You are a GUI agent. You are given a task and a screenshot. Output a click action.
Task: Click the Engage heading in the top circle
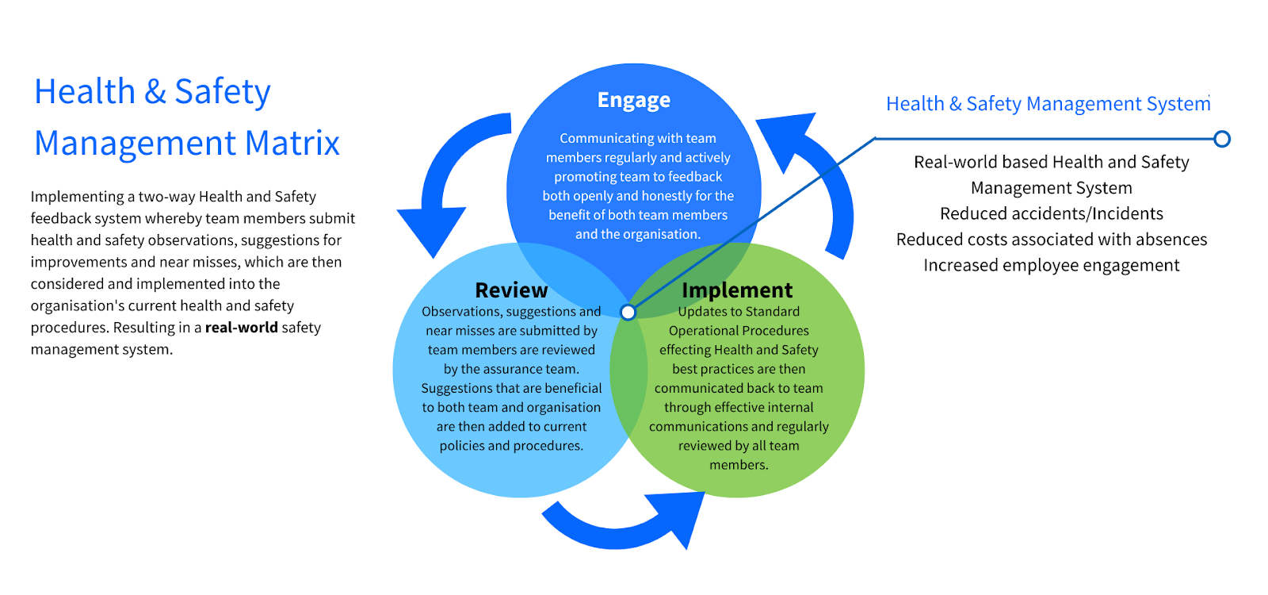(634, 101)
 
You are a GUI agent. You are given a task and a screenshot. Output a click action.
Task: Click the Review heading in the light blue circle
(511, 290)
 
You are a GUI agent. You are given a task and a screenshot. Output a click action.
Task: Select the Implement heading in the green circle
(737, 290)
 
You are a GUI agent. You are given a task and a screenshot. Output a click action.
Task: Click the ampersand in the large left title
(155, 92)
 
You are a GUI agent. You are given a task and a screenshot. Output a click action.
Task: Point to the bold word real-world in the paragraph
(241, 328)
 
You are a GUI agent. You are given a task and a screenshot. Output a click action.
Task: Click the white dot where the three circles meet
(628, 313)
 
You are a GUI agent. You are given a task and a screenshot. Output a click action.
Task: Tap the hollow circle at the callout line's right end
(1222, 140)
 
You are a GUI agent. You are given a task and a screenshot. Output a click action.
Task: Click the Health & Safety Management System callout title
(1048, 104)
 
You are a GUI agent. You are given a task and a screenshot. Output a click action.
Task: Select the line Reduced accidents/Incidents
(1052, 213)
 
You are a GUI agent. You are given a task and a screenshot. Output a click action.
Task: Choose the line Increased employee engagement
(1052, 266)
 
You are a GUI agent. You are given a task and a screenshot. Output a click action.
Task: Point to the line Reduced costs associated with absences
(1052, 240)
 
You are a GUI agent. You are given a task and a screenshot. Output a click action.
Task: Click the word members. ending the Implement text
(739, 465)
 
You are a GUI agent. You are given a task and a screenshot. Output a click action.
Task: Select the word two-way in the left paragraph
(166, 197)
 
